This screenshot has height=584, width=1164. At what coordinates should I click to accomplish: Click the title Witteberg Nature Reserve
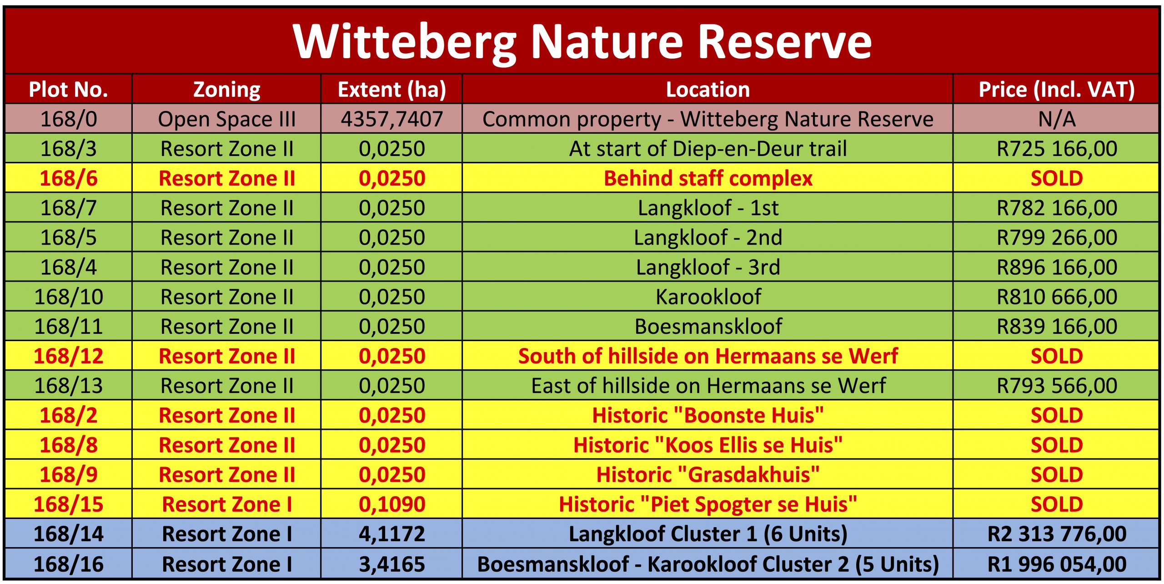pos(582,41)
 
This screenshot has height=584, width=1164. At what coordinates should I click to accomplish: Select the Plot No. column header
pos(69,90)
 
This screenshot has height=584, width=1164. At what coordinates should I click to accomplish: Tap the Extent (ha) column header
pos(392,90)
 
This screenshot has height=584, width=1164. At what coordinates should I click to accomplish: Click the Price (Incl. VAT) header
pos(1057,90)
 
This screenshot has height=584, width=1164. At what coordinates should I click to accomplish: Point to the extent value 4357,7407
pos(392,119)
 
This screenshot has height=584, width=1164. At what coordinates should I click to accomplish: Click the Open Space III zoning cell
pos(227,119)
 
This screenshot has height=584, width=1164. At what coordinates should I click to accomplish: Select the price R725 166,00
pos(1057,149)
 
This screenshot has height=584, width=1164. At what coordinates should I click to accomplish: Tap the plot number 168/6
pos(69,178)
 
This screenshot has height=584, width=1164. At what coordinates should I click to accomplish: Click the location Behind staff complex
pos(708,178)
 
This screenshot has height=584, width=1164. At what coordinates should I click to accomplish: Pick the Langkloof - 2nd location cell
pos(708,237)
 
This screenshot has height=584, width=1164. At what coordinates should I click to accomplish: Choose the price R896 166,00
pos(1057,267)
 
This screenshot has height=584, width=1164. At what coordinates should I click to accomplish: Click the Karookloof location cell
pos(708,297)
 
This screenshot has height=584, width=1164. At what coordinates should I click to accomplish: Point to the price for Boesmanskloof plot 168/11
pos(1057,327)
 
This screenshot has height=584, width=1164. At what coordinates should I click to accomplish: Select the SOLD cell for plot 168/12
pos(1057,356)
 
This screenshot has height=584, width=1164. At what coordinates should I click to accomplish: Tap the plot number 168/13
pos(69,386)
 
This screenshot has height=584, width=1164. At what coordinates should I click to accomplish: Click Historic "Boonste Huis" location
pos(708,415)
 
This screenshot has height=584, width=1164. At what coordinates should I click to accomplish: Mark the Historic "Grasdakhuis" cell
pos(708,474)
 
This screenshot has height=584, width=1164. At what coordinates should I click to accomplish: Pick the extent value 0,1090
pos(392,504)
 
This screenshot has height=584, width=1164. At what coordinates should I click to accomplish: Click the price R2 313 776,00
pos(1057,534)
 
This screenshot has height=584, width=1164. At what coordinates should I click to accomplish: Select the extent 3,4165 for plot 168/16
pos(392,564)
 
